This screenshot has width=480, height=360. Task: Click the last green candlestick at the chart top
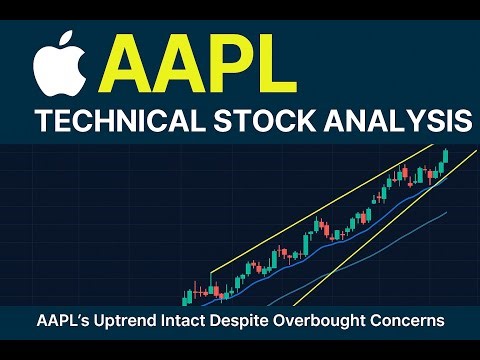(x=444, y=156)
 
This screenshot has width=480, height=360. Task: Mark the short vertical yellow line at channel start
(x=210, y=282)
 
